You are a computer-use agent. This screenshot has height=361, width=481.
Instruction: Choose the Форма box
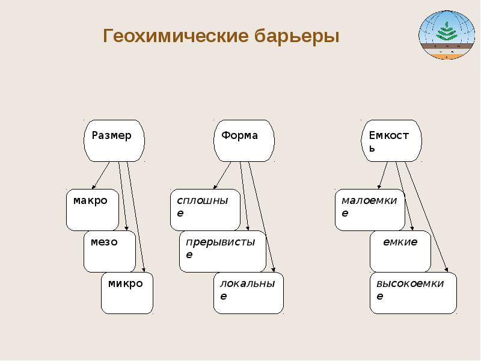[244, 140]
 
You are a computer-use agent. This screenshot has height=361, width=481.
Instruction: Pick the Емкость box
[391, 140]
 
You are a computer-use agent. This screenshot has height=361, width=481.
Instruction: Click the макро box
[92, 209]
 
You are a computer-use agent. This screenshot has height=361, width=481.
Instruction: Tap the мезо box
[109, 251]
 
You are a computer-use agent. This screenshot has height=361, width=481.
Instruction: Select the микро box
[127, 293]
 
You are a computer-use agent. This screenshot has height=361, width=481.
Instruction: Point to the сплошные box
[204, 209]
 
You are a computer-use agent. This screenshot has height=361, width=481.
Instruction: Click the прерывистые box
[222, 251]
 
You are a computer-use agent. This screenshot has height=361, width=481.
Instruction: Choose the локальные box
[248, 293]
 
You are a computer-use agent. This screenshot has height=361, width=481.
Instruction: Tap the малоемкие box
[369, 209]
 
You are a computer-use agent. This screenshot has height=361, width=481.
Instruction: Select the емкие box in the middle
[400, 251]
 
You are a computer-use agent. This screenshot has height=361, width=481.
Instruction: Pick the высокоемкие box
[413, 293]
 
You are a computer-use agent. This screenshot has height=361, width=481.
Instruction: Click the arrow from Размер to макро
[100, 176]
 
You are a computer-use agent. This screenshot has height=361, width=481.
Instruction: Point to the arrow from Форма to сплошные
[222, 176]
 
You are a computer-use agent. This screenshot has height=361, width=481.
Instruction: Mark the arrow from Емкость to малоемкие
[384, 176]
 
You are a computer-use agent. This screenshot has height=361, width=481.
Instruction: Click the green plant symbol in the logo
[446, 31]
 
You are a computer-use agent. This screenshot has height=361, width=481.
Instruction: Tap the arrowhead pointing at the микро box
[144, 269]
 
